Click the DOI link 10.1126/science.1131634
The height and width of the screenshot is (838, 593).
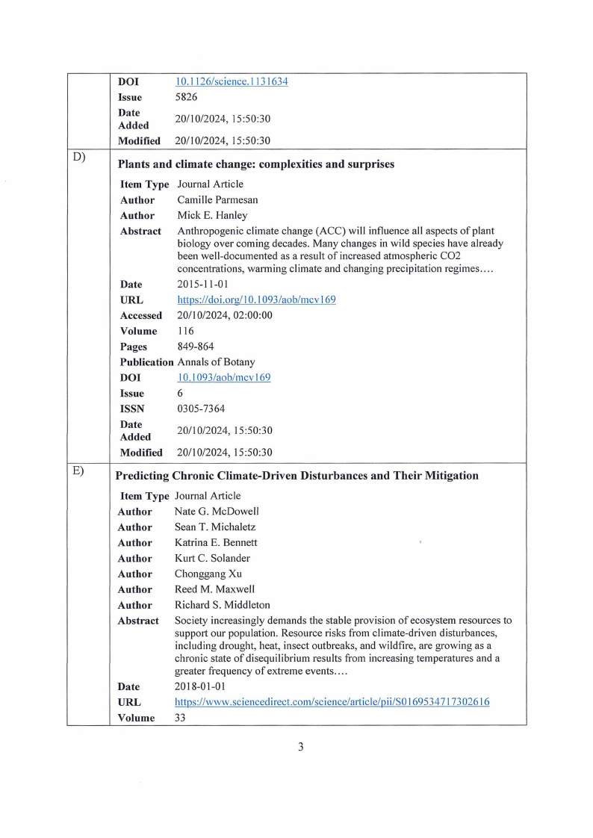point(231,81)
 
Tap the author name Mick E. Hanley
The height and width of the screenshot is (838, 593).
point(211,216)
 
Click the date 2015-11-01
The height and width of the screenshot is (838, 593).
point(202,285)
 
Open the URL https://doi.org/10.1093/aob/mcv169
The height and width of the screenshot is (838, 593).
point(256,299)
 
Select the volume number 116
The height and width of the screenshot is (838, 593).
point(185,331)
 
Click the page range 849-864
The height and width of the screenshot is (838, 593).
point(195,347)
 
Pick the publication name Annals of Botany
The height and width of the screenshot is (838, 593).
point(216,362)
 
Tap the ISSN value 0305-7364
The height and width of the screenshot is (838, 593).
point(201,409)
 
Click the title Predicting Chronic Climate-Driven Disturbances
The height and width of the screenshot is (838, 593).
point(297,476)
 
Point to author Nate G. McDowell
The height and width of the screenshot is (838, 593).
point(217,512)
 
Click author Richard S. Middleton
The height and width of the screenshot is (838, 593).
point(223,605)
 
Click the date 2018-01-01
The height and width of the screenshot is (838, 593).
point(200,686)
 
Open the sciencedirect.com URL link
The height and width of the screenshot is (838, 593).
point(332,702)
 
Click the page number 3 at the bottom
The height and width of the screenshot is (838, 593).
point(300,747)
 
